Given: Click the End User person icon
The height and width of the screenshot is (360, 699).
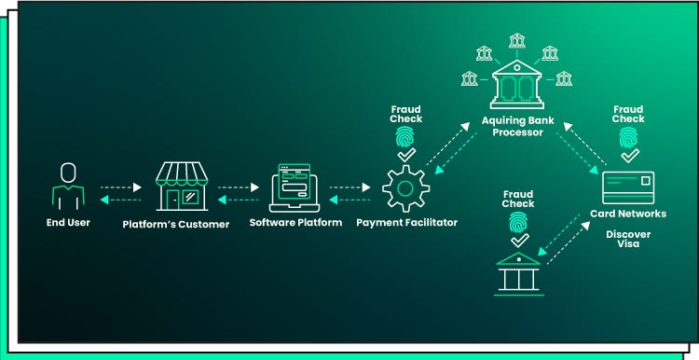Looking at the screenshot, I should (67, 186).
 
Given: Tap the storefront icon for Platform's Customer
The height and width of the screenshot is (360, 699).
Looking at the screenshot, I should (181, 185).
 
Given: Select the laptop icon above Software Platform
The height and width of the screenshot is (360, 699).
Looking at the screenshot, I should (295, 187).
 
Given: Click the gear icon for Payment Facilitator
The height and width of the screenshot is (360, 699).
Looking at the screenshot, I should (406, 187).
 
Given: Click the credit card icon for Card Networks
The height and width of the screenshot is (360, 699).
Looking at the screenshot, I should (628, 187).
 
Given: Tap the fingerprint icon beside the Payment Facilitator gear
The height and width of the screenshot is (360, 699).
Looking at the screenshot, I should (406, 138).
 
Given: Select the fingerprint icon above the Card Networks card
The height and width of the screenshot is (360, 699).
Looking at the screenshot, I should (628, 139).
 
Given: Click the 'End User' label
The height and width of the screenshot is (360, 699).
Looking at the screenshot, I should (68, 223).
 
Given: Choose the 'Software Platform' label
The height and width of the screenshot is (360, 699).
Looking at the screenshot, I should (295, 223).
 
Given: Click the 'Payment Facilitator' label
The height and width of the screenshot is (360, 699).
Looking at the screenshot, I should (405, 223).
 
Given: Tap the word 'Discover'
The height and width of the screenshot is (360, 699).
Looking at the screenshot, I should (628, 233).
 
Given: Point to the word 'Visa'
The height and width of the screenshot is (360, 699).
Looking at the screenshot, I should (628, 243).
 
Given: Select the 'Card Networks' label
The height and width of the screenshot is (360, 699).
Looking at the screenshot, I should (628, 214).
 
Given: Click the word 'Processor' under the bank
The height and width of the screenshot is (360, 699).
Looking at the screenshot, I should (518, 132).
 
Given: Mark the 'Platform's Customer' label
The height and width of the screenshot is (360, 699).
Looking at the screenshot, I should (176, 224).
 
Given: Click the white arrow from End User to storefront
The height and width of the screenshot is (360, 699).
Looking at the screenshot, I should (121, 187).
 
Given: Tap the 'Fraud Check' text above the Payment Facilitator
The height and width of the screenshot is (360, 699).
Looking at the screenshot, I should (406, 114).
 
